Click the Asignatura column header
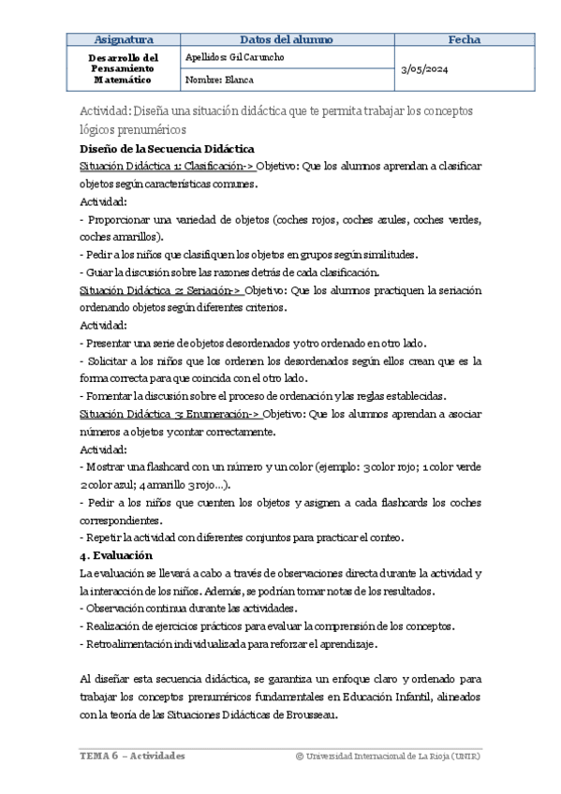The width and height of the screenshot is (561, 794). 125,39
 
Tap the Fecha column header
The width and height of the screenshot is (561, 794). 465,39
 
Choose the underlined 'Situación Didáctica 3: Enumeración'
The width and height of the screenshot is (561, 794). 167,414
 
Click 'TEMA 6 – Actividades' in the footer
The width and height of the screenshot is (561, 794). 131,756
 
